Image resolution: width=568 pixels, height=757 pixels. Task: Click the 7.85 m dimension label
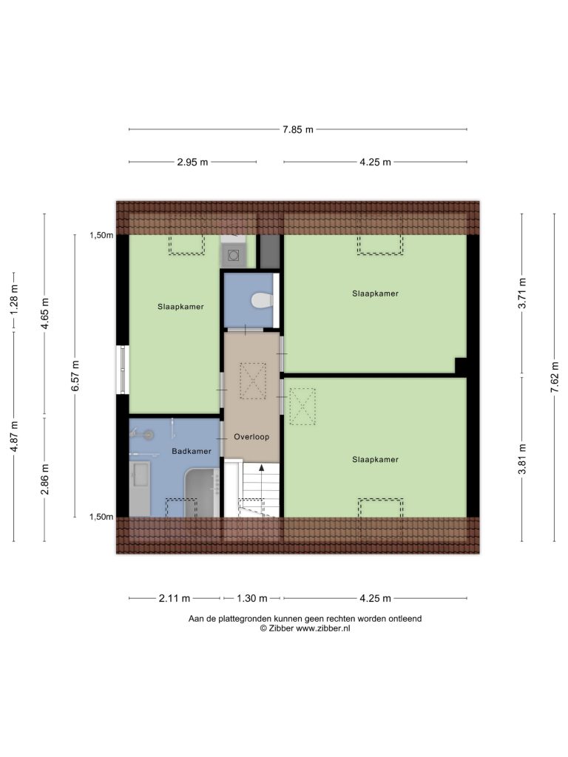298,129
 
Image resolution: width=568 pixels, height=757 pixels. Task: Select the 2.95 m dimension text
192,162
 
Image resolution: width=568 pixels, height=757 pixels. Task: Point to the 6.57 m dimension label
75,376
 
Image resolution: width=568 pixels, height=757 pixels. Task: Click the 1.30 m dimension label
251,598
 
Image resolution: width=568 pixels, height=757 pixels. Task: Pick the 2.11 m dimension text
175,598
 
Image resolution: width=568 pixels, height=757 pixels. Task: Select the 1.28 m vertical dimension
14,300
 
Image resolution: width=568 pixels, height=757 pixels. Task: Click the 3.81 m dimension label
522,458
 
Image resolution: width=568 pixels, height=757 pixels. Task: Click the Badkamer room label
192,452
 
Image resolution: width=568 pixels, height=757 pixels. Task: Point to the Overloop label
251,437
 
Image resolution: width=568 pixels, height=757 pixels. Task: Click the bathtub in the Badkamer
203,492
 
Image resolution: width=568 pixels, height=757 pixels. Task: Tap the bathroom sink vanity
140,489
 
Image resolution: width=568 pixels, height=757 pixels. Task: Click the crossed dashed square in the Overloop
253,381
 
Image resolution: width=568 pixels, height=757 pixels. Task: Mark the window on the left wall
123,370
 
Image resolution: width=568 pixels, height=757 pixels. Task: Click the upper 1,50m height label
101,235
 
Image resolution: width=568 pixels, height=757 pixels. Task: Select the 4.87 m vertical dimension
14,436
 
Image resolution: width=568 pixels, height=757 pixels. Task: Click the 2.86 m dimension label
45,479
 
